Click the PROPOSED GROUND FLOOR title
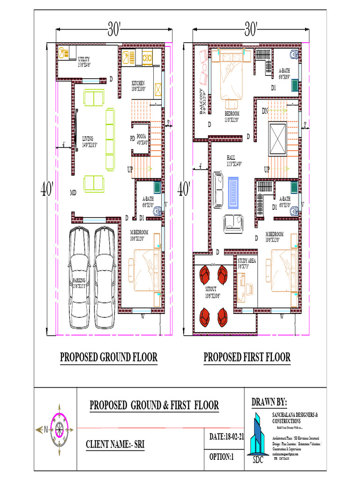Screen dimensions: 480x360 point(109,357)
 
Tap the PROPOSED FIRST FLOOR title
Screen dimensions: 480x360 point(247,357)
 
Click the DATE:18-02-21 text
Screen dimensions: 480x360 point(227,436)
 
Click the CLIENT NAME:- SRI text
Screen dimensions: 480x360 point(115,444)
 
